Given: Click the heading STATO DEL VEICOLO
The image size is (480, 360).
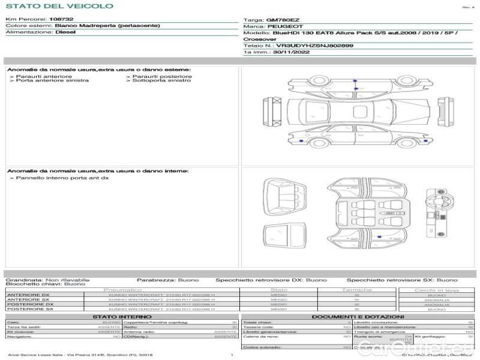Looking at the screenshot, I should [x=59, y=6].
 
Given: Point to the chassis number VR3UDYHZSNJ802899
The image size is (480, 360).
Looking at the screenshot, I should [x=314, y=46].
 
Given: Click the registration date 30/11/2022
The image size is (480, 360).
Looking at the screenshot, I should [x=286, y=52].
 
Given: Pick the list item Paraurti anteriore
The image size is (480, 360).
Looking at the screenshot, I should [x=44, y=76].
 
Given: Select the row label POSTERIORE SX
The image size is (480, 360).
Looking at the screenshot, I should [x=29, y=309].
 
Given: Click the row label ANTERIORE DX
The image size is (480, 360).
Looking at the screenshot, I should [x=28, y=295].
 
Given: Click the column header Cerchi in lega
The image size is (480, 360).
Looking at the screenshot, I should [x=436, y=290].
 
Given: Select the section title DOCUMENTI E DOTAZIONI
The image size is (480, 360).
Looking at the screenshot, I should [x=358, y=316].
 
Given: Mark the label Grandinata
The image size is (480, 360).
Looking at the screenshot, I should [x=23, y=280].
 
